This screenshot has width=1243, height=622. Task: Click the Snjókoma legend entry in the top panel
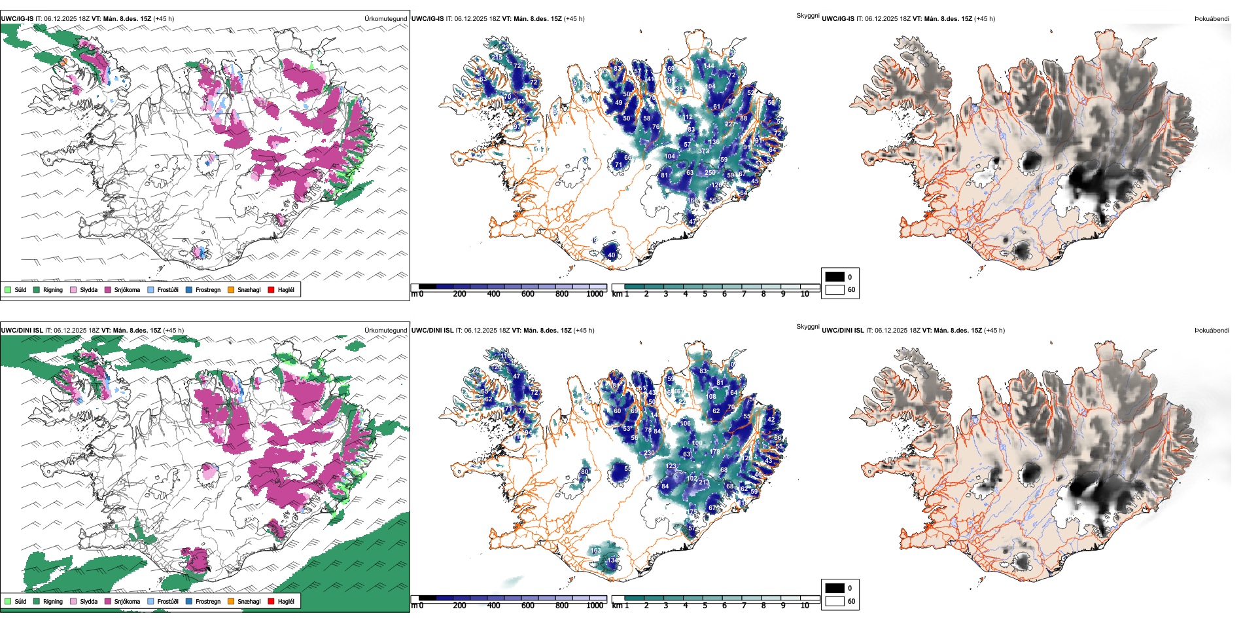[x=127, y=289]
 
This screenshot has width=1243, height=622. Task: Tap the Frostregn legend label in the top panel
[x=207, y=289]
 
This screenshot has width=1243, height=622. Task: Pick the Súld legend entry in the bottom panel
[x=20, y=601]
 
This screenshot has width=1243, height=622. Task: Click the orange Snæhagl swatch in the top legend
[x=231, y=289]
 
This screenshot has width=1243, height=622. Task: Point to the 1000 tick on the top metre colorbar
[x=595, y=294]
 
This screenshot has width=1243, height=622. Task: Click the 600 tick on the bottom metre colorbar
[x=528, y=606]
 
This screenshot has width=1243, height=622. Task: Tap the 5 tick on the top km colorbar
[x=705, y=294]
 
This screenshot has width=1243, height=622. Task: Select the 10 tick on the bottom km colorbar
[x=805, y=606]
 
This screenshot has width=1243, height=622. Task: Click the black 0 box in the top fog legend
[x=835, y=277]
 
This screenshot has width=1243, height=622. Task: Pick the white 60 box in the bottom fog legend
[x=835, y=600]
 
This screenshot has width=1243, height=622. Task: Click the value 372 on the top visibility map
[x=703, y=151]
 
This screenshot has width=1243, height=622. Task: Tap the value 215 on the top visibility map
[x=497, y=57]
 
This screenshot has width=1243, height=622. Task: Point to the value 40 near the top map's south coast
[x=612, y=255]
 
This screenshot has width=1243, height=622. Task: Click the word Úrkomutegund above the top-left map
[x=385, y=18]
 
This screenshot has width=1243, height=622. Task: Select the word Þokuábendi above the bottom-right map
[x=1212, y=330]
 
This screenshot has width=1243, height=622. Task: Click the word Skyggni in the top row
[x=807, y=15]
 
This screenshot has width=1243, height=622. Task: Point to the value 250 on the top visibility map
[x=710, y=173]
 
